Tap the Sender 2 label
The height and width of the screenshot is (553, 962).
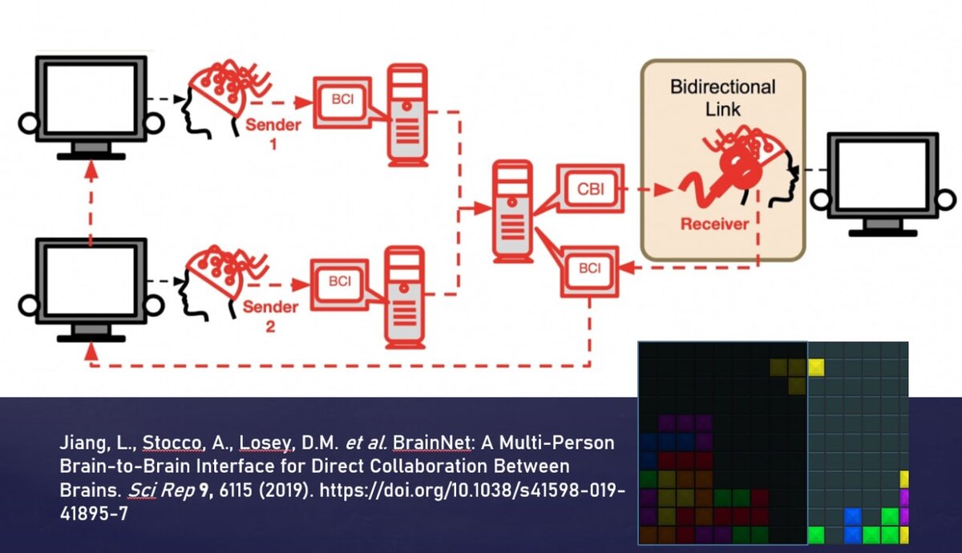(271, 316)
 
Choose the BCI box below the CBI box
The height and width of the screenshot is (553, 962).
(589, 268)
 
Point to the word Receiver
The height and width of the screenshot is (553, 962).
(713, 224)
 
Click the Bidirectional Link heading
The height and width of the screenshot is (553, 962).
(722, 96)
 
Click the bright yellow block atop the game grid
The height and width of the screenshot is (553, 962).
(816, 368)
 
